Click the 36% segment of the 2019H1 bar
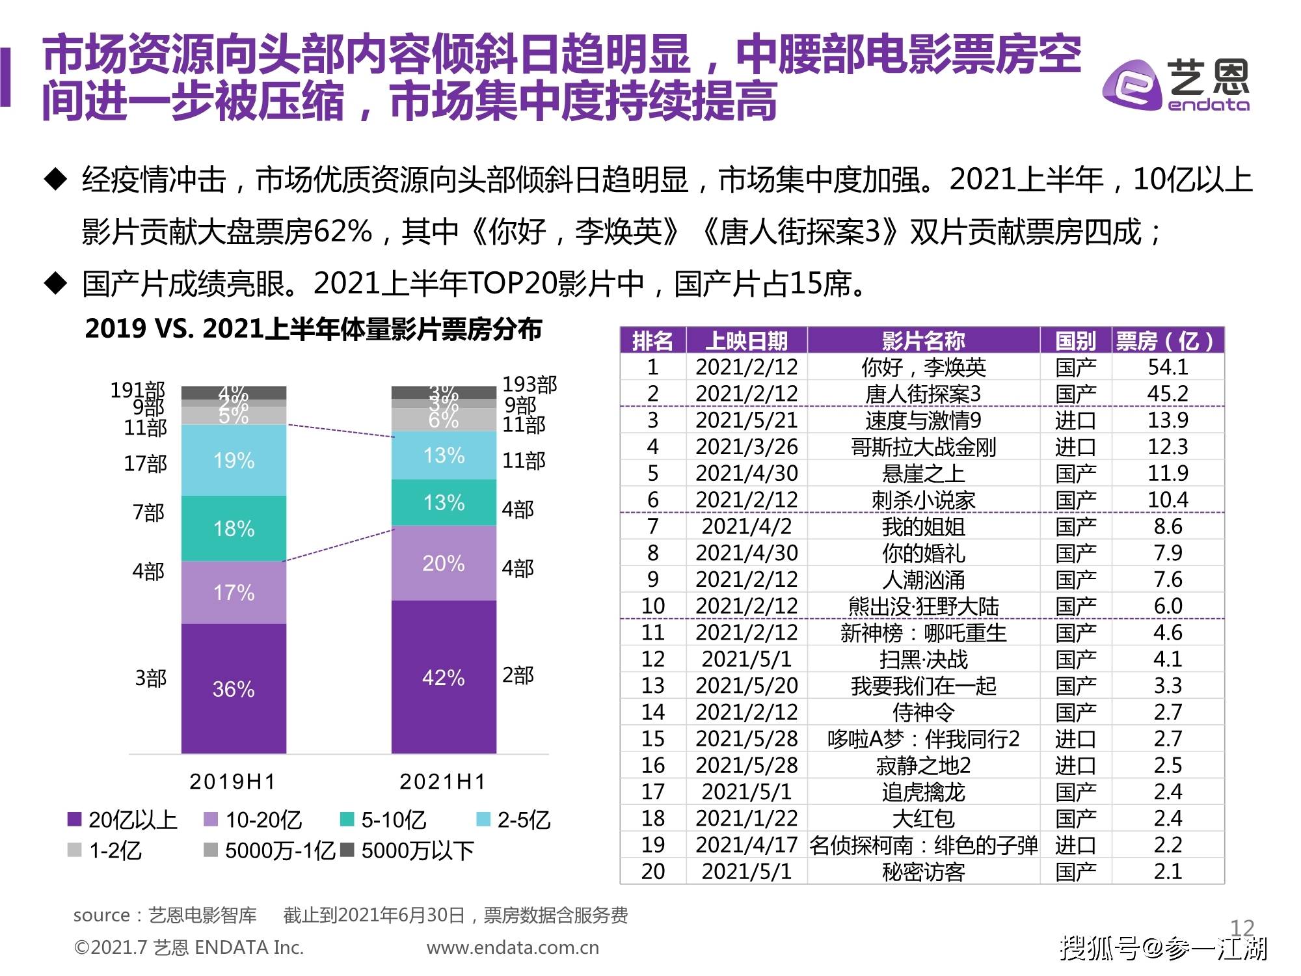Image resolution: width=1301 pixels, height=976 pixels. pos(234,688)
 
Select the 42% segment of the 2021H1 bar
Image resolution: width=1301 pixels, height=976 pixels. pos(444,677)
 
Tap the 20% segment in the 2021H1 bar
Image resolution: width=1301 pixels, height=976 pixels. pos(444,563)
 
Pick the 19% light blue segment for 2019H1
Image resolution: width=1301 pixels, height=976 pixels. pos(234,461)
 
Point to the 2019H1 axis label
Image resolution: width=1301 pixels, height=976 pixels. pos(233,781)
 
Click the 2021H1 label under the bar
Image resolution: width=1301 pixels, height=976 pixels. pos(443,781)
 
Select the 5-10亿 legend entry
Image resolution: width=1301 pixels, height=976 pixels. pos(384,820)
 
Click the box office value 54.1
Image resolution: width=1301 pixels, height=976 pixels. pos(1168,367)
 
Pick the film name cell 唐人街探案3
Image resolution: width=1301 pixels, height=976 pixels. pos(923,394)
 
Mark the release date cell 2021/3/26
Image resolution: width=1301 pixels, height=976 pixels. pos(746,447)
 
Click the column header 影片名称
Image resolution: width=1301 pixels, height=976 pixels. pos(923,340)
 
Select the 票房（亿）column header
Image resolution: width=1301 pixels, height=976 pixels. pos(1167,340)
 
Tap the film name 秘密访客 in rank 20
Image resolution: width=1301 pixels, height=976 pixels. pos(923,871)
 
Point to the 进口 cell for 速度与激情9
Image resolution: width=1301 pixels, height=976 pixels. pos(1075,420)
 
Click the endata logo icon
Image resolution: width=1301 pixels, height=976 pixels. pos(1131,86)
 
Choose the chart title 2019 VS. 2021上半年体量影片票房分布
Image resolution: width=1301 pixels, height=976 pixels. pos(314,329)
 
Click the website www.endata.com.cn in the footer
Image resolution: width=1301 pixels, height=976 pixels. pos(513,947)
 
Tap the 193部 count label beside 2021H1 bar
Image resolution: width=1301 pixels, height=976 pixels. pos(530,385)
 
